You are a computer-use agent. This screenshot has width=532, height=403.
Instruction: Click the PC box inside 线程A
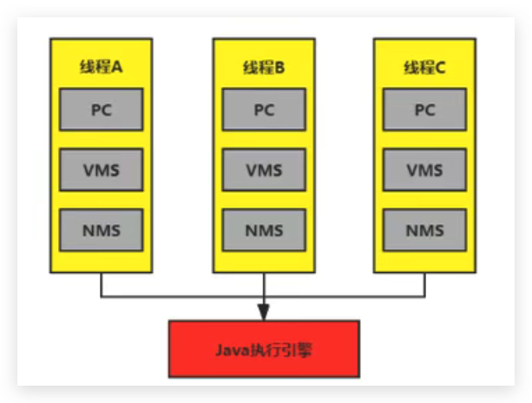point(102,111)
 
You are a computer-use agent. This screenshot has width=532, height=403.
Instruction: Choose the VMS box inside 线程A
point(102,170)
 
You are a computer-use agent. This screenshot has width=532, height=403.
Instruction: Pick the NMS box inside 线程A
point(102,231)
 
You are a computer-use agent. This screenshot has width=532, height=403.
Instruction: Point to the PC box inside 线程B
point(264,111)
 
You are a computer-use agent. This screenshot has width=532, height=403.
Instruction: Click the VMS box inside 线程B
point(264,170)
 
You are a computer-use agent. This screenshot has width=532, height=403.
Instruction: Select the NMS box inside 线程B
point(264,231)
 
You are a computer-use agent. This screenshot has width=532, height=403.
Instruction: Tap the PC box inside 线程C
point(424,111)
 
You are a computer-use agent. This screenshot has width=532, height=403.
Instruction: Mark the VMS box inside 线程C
point(424,170)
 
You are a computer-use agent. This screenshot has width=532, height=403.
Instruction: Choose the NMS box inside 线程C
point(424,231)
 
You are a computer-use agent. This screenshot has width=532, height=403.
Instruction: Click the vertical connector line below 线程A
point(102,285)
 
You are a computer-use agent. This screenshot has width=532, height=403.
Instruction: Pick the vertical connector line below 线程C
point(424,285)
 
